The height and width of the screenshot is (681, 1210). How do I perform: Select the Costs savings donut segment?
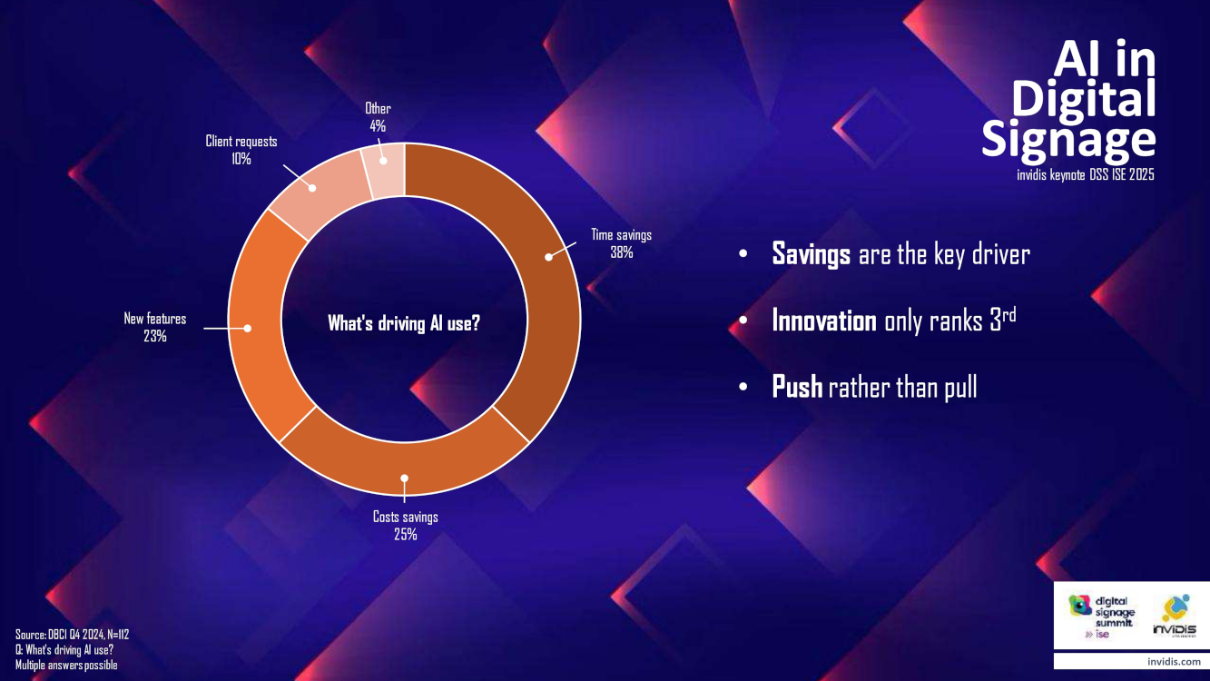pyautogui.click(x=404, y=469)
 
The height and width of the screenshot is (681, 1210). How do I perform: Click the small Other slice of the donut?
pyautogui.click(x=385, y=169)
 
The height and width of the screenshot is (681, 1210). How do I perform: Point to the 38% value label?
pyautogui.click(x=621, y=252)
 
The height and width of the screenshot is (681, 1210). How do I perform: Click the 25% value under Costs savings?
pyautogui.click(x=405, y=535)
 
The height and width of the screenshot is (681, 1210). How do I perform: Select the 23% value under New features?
pyautogui.click(x=155, y=336)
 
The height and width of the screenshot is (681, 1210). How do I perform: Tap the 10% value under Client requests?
pyautogui.click(x=241, y=159)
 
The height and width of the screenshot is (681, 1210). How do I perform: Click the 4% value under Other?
pyautogui.click(x=378, y=126)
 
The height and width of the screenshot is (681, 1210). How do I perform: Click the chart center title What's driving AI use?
pyautogui.click(x=404, y=323)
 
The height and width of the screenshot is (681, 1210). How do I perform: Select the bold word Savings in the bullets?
pyautogui.click(x=812, y=254)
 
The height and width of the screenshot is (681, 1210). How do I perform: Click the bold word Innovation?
pyautogui.click(x=824, y=321)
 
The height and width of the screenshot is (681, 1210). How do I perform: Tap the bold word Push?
pyautogui.click(x=797, y=387)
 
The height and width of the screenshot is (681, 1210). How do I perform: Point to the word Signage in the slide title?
pyautogui.click(x=1067, y=140)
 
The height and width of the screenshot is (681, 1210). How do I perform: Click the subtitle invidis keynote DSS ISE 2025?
pyautogui.click(x=1086, y=174)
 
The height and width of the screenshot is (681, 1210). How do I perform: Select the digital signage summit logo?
pyautogui.click(x=1102, y=617)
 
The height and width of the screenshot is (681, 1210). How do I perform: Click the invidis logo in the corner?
pyautogui.click(x=1175, y=617)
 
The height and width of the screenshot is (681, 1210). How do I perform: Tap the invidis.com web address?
pyautogui.click(x=1174, y=662)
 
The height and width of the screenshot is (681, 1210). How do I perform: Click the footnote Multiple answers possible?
pyautogui.click(x=66, y=665)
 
